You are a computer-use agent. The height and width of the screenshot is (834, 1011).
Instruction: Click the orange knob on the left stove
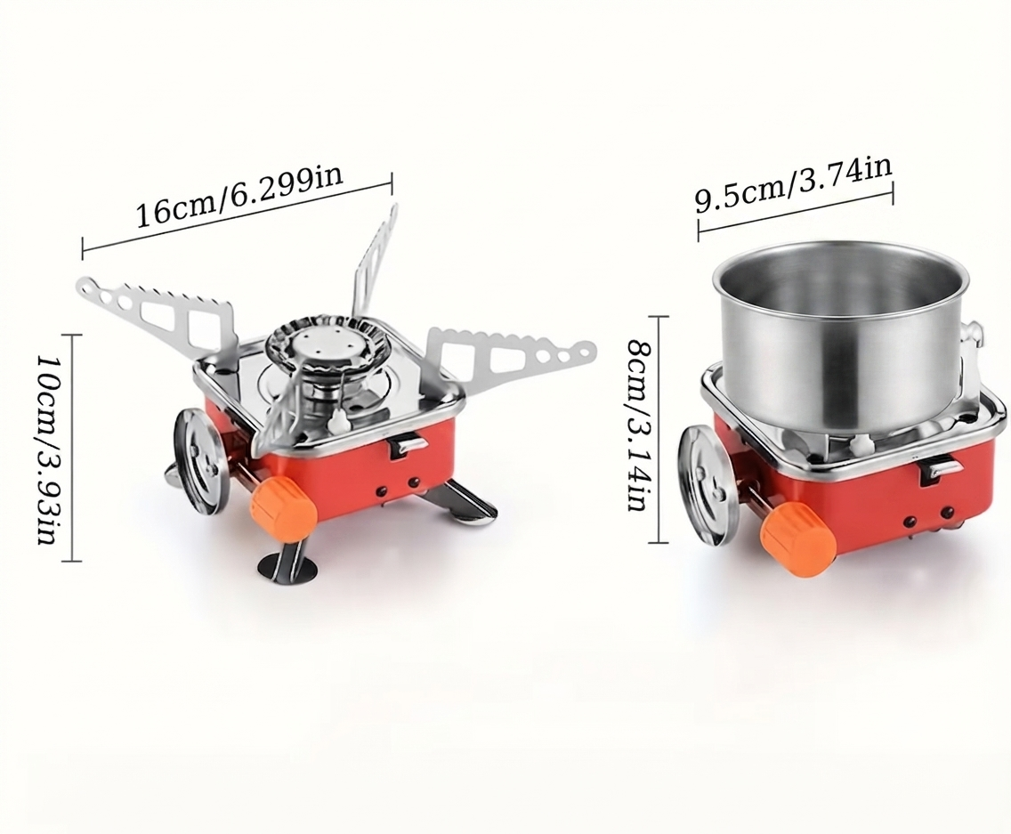coord(283,506)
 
